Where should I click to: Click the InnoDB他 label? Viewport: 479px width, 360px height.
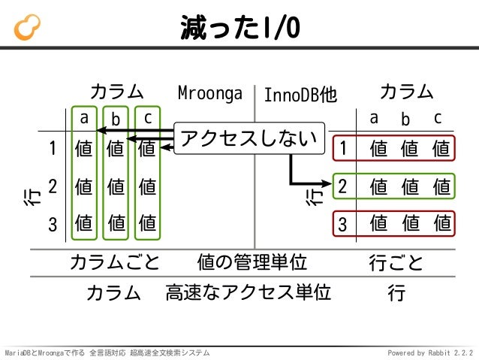click(300, 95)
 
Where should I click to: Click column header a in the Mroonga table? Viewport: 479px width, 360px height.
click(85, 118)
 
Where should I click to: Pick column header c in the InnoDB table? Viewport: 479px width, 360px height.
click(438, 119)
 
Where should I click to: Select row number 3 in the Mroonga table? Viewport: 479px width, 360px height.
click(53, 223)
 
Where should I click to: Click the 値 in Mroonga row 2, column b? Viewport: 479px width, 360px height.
click(116, 186)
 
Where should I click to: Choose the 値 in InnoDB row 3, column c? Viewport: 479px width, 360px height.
click(441, 223)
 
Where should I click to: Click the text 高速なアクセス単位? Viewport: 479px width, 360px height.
click(248, 292)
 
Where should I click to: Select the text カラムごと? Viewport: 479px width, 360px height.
click(114, 263)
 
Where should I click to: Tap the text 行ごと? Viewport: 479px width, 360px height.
click(396, 263)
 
